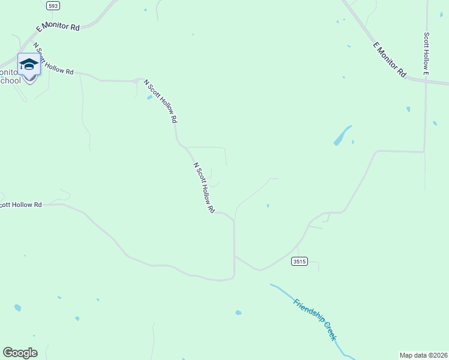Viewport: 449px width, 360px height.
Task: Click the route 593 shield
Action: pyautogui.click(x=53, y=5)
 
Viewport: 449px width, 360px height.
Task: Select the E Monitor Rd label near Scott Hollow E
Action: pyautogui.click(x=389, y=59)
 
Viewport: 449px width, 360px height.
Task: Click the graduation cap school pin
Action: pyautogui.click(x=28, y=64)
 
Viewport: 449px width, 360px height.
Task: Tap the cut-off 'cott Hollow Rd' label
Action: pyautogui.click(x=21, y=205)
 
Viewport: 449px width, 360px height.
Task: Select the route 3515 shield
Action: pyautogui.click(x=300, y=262)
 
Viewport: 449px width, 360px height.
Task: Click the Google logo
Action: pyautogui.click(x=20, y=353)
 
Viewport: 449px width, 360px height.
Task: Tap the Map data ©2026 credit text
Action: pyautogui.click(x=423, y=355)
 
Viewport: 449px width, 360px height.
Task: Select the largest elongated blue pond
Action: pyautogui.click(x=342, y=136)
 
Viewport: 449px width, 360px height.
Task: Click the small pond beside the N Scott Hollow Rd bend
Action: pyautogui.click(x=149, y=97)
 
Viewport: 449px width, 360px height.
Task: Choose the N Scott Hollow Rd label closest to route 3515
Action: pyautogui.click(x=204, y=187)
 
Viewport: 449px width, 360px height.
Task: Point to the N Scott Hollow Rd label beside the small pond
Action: pyautogui.click(x=161, y=101)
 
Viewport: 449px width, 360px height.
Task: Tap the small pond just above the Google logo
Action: pyautogui.click(x=17, y=308)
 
